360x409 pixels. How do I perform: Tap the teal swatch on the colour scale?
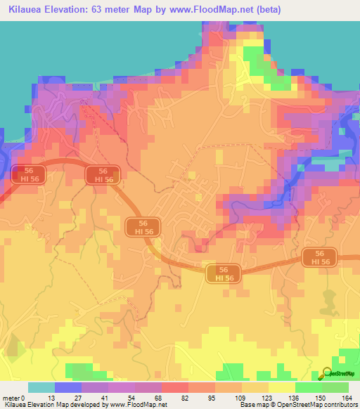(41, 387)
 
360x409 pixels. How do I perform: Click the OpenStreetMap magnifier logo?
(328, 373)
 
